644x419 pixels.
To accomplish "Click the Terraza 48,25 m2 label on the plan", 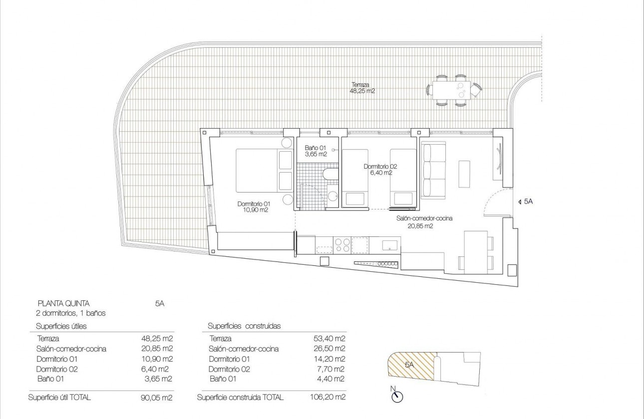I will pyautogui.click(x=363, y=88).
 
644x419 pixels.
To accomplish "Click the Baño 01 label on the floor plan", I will pyautogui.click(x=316, y=151).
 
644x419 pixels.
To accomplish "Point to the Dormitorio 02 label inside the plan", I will pyautogui.click(x=380, y=170).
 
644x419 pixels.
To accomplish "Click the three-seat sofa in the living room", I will pyautogui.click(x=433, y=170).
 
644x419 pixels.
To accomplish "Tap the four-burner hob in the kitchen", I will pyautogui.click(x=342, y=244).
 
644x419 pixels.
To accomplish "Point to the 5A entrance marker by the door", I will pyautogui.click(x=527, y=202).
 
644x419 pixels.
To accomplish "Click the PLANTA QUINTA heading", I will pyautogui.click(x=64, y=303).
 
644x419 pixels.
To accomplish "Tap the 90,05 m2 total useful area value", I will pyautogui.click(x=157, y=398).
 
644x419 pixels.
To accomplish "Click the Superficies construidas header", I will pyautogui.click(x=244, y=326).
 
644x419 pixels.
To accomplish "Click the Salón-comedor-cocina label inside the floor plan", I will pyautogui.click(x=424, y=218).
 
